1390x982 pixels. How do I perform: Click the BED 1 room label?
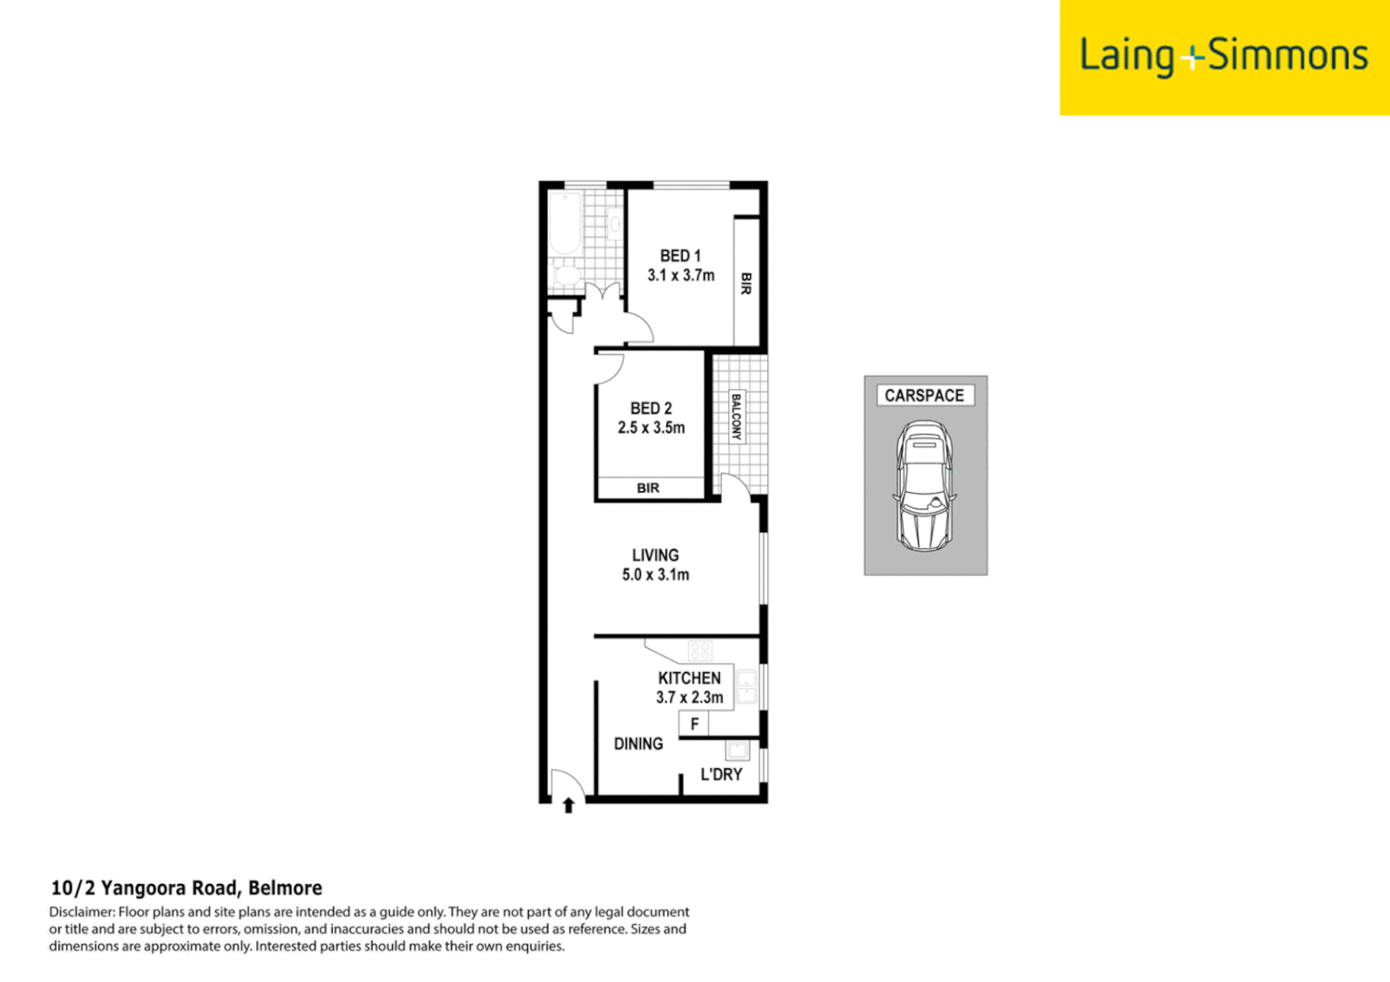click(680, 256)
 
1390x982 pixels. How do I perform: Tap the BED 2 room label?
click(651, 409)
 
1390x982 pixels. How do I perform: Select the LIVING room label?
click(655, 555)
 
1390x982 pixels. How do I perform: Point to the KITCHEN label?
click(689, 678)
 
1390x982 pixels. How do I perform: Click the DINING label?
click(638, 744)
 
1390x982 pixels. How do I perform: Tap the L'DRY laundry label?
click(721, 775)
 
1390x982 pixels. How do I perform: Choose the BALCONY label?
click(736, 417)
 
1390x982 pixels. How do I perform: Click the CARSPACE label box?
click(925, 396)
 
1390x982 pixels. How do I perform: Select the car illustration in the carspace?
click(924, 486)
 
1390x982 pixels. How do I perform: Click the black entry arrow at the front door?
click(568, 805)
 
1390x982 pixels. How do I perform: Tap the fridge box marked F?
click(695, 724)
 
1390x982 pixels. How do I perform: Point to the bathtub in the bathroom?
click(565, 224)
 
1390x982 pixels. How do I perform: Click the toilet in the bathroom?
click(566, 275)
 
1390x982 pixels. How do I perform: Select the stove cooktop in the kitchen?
click(700, 650)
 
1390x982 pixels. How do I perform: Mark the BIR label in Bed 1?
click(746, 283)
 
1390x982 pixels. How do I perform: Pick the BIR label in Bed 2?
click(648, 488)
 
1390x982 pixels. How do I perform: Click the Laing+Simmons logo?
click(1224, 57)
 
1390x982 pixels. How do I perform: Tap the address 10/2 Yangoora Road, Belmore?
click(186, 888)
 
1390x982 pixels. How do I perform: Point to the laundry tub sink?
click(737, 750)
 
